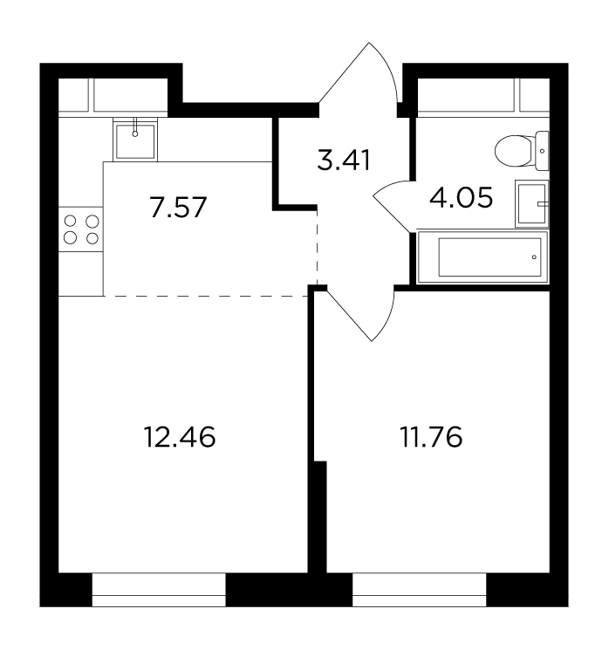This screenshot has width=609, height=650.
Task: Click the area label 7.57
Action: pos(178,208)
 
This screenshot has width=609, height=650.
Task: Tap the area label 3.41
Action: pos(344,161)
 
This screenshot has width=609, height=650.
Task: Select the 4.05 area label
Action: pos(461,197)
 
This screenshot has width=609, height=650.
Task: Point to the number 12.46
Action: pos(180,437)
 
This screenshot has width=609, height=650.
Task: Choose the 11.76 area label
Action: pos(431,437)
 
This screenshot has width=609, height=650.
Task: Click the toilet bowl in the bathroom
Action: pos(522,151)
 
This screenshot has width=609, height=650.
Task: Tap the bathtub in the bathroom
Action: pos(482,257)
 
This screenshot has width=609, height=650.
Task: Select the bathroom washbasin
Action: pos(532,203)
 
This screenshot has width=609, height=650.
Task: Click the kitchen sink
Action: pos(135,140)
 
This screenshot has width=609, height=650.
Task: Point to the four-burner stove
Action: pos(81,229)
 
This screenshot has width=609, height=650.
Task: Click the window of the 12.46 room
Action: pos(159,590)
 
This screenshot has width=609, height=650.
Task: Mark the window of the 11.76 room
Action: pos(419,590)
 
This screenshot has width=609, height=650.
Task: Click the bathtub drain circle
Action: pos(534,257)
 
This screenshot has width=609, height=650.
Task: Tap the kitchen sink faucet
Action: pos(134,127)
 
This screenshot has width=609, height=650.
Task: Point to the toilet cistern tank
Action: pos(543,151)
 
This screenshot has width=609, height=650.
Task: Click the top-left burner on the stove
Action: pos(71,221)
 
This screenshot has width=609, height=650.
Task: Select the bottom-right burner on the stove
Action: pos(92,238)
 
